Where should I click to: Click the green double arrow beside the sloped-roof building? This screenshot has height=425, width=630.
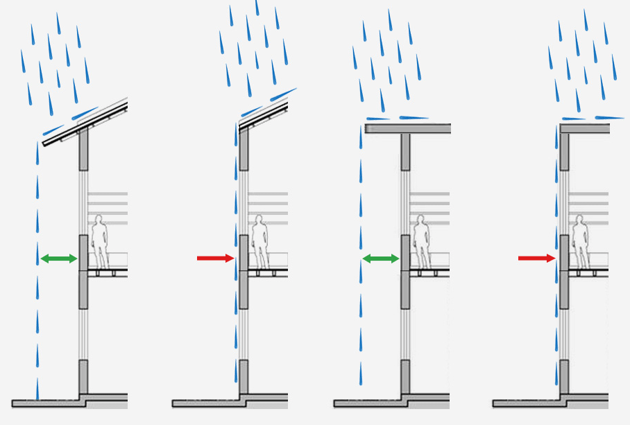(x=58, y=259)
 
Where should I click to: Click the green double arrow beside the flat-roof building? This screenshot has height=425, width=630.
(x=381, y=259)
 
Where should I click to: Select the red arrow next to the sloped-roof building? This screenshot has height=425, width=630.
(x=216, y=259)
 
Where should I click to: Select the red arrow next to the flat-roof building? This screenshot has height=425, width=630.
(x=536, y=259)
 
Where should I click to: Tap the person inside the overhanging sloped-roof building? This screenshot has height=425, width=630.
(x=100, y=243)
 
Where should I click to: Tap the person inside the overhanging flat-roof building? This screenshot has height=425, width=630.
(x=422, y=243)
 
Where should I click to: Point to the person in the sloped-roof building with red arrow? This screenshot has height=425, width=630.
(x=260, y=243)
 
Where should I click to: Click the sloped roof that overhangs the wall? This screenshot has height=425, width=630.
(x=83, y=124)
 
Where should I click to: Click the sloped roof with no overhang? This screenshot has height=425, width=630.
(x=264, y=114)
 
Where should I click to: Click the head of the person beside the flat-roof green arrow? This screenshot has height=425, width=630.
(x=420, y=220)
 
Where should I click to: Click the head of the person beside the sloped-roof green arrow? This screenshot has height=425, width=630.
(x=99, y=220)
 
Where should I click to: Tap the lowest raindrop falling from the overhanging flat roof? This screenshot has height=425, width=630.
(x=361, y=374)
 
